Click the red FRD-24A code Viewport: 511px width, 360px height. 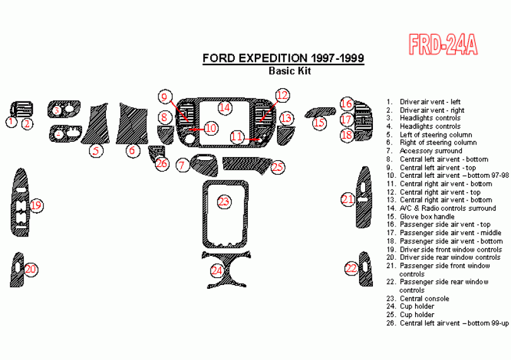(x=443, y=44)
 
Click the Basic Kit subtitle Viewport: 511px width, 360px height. (x=290, y=71)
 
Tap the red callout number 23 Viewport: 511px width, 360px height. (x=224, y=202)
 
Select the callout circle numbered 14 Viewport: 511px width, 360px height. (x=225, y=107)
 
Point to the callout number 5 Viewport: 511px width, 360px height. (x=96, y=151)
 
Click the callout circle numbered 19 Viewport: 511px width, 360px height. (x=36, y=206)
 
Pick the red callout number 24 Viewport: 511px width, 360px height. (x=217, y=270)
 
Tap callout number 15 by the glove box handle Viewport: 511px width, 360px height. (x=319, y=122)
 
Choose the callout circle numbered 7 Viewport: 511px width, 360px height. (x=182, y=165)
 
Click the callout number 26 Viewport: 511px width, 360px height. (x=162, y=163)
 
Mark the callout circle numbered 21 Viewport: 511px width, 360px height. (x=348, y=199)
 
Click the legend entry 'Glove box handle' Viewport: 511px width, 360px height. (x=427, y=217)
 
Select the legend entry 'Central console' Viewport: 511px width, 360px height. (x=425, y=298)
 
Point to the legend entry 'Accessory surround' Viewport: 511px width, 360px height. (x=431, y=151)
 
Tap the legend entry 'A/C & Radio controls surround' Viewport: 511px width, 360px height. (x=448, y=208)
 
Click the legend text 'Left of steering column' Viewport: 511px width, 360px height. (x=436, y=134)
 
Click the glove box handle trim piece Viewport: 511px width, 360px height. (x=320, y=112)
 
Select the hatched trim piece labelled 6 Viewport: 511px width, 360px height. (x=132, y=123)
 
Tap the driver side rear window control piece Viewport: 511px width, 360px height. (x=18, y=270)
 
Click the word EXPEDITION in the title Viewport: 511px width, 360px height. (x=273, y=58)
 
